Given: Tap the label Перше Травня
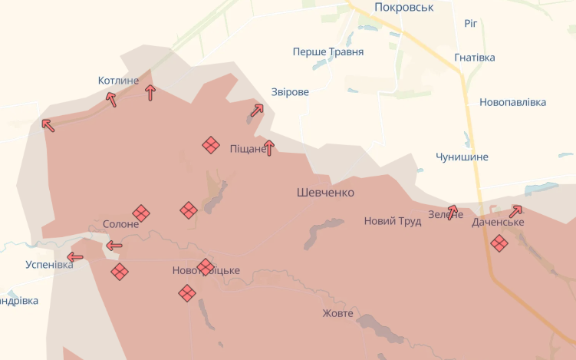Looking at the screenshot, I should coord(328,52).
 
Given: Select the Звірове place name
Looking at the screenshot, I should coord(290,92).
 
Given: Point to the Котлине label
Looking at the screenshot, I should coord(119,81).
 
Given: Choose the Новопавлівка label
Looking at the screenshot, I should coord(513,102).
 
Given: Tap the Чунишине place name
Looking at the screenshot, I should coord(462,157).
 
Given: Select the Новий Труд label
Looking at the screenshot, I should coord(393,221).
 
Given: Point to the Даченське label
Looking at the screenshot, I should coord(499,222).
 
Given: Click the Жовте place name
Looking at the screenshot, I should coord(337,313).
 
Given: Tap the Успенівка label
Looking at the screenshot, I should coord(49,265).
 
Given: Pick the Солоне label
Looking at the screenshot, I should coord(121,224).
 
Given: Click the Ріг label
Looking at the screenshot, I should coord(471,23).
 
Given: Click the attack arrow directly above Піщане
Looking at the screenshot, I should coord(268,147).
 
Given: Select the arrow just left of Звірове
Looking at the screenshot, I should coord(256,111).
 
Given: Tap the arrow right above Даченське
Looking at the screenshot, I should coord(515,210).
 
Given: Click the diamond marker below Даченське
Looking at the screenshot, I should coord(499,243).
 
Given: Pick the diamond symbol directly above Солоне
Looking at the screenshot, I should coord(141,213).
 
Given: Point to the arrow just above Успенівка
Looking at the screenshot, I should coord(75,257).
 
